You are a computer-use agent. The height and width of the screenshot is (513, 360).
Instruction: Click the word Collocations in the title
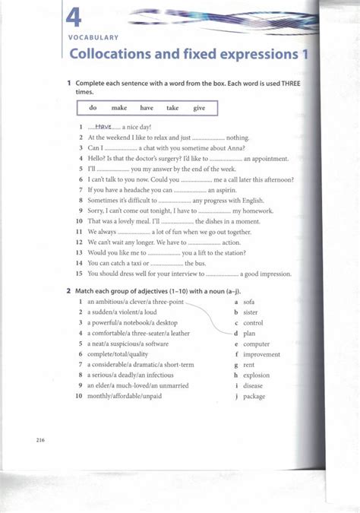click(x=112, y=55)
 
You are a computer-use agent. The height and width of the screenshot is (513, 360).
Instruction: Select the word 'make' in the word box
click(x=119, y=108)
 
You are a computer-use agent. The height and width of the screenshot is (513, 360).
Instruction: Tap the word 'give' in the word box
click(x=199, y=108)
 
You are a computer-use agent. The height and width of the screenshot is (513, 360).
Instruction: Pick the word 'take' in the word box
click(x=172, y=108)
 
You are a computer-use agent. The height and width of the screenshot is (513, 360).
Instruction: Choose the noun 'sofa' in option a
click(x=248, y=302)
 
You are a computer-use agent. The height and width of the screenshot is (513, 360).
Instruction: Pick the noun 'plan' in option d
click(x=250, y=333)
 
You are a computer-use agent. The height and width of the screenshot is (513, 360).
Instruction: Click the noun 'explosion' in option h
click(x=257, y=375)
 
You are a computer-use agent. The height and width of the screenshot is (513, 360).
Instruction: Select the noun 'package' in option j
click(x=254, y=396)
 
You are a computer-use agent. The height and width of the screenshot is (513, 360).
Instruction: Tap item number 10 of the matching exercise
click(x=78, y=396)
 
